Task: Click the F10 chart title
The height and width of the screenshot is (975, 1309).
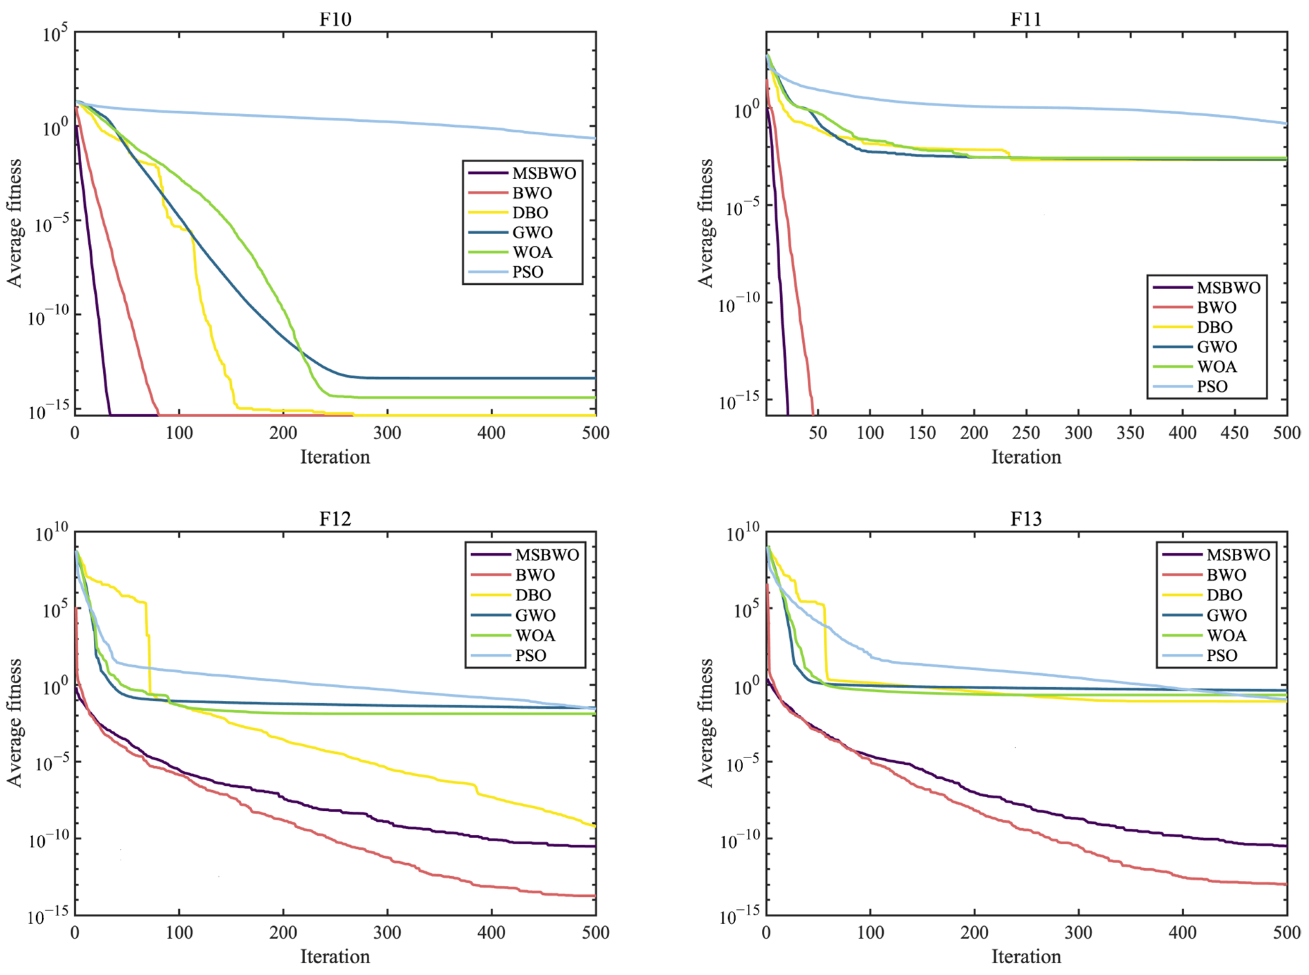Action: tap(335, 20)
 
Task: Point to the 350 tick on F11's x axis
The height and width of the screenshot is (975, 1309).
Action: tap(1130, 433)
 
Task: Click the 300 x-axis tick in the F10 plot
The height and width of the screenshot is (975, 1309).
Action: tap(387, 433)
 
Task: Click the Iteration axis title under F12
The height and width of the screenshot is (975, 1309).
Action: tap(335, 956)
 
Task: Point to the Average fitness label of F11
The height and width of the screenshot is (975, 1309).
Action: tap(706, 223)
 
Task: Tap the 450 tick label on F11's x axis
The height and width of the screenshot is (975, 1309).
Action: tap(1234, 433)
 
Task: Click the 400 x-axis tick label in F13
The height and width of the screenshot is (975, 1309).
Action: tap(1182, 932)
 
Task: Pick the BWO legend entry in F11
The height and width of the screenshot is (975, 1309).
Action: tap(1216, 308)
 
